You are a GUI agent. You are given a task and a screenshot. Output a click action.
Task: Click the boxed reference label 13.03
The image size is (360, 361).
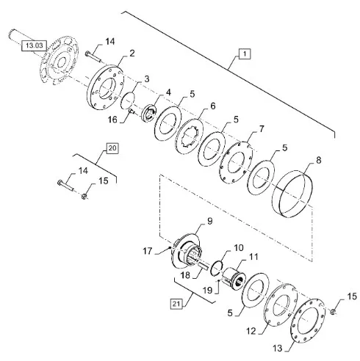click(34, 45)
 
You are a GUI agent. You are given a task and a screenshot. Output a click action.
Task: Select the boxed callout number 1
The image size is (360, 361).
click(245, 54)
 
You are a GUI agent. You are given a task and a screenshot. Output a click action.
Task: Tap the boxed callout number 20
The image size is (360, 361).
click(112, 148)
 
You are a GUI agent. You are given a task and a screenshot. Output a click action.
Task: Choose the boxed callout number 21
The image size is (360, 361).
click(176, 304)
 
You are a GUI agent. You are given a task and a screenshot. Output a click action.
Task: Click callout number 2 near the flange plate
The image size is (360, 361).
click(132, 54)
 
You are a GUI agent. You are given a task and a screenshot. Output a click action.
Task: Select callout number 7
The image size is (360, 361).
click(262, 129)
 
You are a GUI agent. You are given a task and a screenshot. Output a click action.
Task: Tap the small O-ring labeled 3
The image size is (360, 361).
click(128, 101)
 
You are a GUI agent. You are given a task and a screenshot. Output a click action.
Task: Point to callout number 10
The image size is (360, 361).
click(239, 248)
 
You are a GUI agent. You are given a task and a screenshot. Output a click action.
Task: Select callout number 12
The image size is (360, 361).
click(251, 332)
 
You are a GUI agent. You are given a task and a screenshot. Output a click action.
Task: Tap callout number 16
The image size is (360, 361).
click(112, 120)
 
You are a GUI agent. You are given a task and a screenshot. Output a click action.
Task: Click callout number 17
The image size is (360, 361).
click(148, 251)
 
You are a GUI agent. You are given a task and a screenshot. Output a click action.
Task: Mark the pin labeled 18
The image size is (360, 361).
click(204, 266)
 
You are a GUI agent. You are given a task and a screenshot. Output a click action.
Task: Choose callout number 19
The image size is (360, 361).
click(207, 291)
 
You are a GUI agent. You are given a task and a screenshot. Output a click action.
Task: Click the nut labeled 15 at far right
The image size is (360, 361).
click(333, 312)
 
